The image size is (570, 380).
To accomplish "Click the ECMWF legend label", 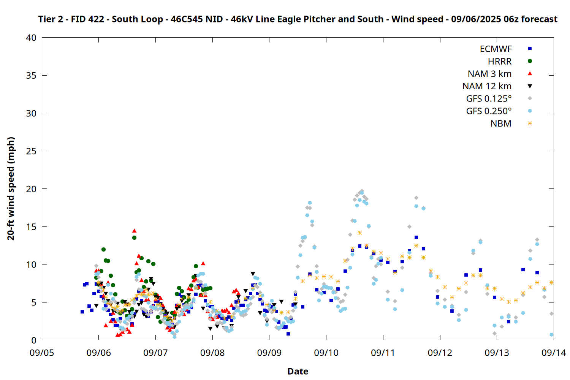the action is coord(496,49).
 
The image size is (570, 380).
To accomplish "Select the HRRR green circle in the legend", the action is coord(530,61).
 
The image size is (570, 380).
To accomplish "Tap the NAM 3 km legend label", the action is coord(489,74).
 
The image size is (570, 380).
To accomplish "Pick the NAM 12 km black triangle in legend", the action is coord(530,86).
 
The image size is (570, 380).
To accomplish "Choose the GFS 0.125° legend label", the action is coord(489,98).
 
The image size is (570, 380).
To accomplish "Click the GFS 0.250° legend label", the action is coord(489,111).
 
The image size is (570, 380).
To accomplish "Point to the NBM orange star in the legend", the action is coord(530,123).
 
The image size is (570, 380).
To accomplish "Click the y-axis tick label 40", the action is coord(31,38).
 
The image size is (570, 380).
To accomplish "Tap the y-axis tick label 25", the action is coord(31,151).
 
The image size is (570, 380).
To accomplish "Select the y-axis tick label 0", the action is coord(34,340).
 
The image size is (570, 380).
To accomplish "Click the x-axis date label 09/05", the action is coord(42,353).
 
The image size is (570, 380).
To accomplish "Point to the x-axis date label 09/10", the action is coord(326,353).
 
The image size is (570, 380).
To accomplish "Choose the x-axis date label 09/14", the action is coord(554,353).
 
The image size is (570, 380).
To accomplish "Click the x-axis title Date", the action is coord(298,371).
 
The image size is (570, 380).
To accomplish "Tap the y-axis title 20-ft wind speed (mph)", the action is coord(11,188).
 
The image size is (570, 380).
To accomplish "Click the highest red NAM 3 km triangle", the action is coord(135,231).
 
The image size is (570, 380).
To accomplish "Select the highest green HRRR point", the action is coord(134,238).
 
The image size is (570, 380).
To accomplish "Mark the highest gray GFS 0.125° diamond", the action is coord(362,191).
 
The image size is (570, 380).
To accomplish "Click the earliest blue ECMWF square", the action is coord(82,312).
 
